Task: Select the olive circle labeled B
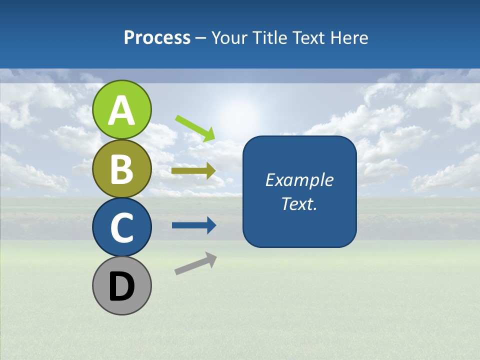click(122, 168)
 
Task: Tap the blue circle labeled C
click(122, 227)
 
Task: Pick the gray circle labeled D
click(122, 285)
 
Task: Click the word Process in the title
click(157, 37)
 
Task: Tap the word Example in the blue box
click(299, 180)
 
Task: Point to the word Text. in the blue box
click(299, 203)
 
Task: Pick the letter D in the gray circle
click(122, 286)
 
